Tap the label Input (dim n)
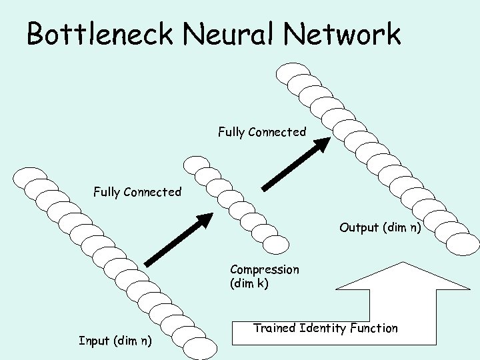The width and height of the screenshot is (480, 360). (x=115, y=341)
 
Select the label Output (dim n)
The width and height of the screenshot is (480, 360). (x=379, y=227)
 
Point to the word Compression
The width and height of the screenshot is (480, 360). (x=264, y=269)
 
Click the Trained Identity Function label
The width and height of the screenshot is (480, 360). (x=325, y=327)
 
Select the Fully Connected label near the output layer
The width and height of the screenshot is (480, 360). (x=262, y=132)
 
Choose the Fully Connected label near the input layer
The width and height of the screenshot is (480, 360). (x=137, y=192)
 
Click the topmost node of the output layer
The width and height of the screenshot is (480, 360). (x=293, y=72)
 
